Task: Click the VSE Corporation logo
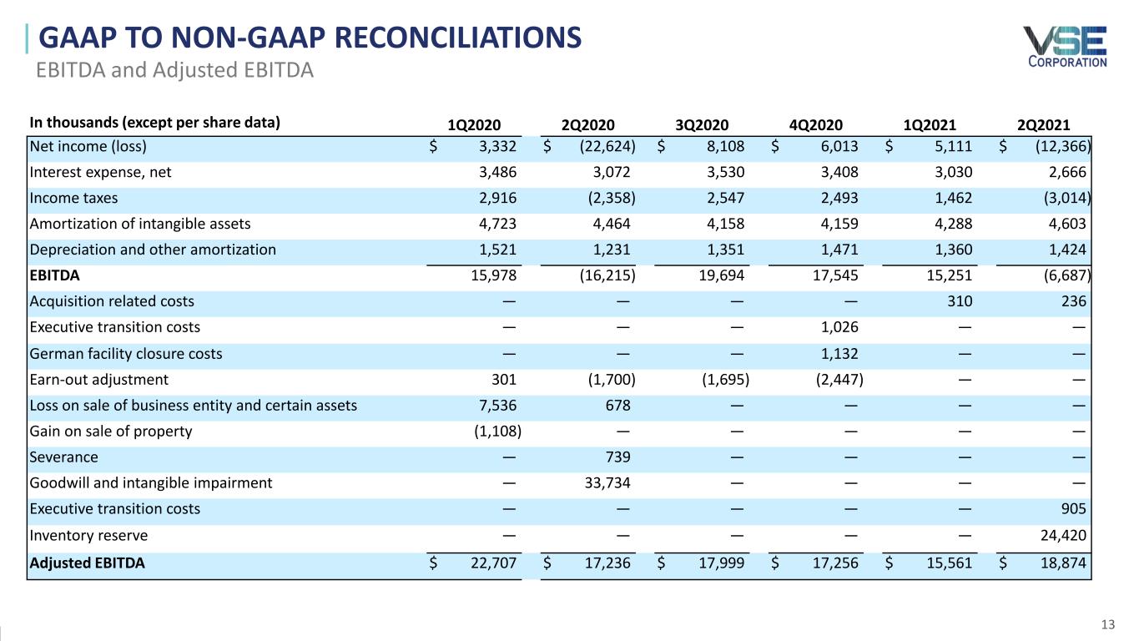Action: pos(1065,47)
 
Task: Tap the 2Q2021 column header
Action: pos(1043,126)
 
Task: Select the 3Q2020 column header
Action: pos(702,126)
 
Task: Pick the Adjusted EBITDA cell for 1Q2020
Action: pos(493,563)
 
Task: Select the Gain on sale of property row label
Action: pos(111,432)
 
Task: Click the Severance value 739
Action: pos(617,457)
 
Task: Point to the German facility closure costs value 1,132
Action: pos(838,354)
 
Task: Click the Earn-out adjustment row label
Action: pos(99,380)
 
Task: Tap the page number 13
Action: pos(1108,624)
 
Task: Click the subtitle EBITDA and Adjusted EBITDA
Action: pos(174,70)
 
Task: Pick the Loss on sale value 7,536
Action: pos(498,406)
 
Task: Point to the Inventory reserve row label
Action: pos(89,535)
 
